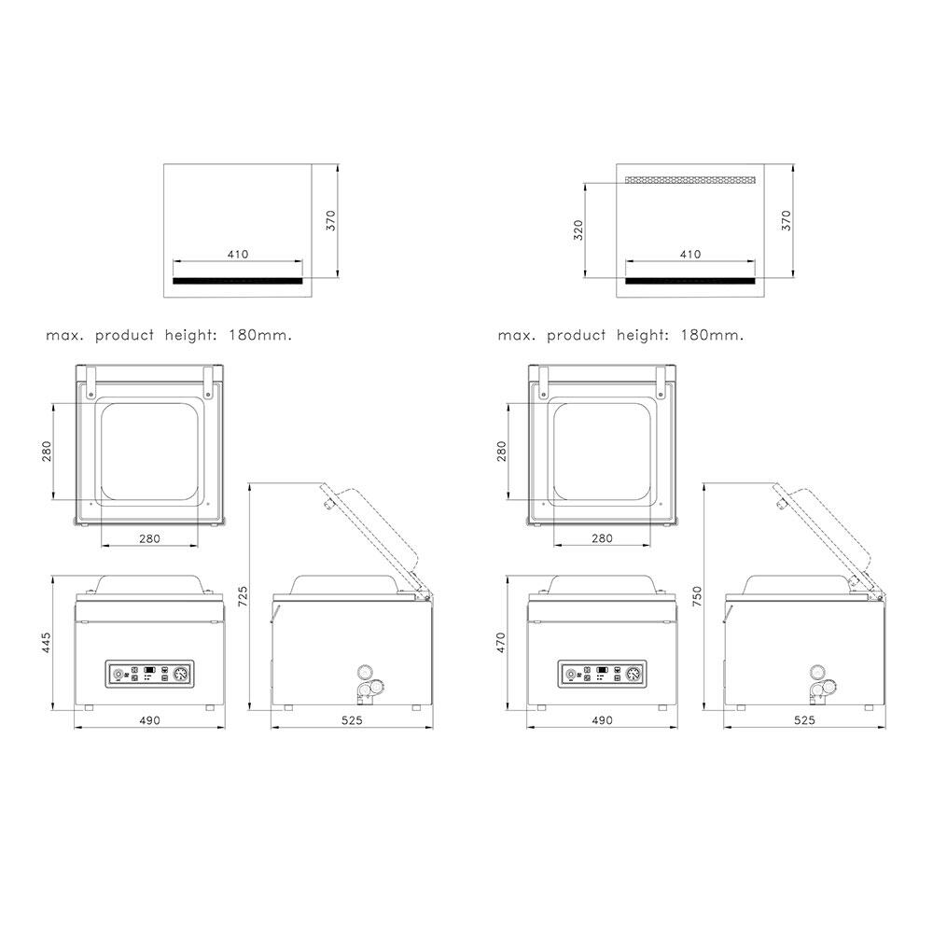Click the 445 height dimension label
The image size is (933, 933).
pyautogui.click(x=47, y=643)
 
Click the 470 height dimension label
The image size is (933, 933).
pyautogui.click(x=500, y=643)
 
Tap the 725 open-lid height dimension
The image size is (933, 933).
pyautogui.click(x=243, y=596)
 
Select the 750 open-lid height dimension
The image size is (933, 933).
pyautogui.click(x=697, y=596)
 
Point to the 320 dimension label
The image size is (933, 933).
pyautogui.click(x=578, y=230)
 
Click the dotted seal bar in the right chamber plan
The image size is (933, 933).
pyautogui.click(x=690, y=180)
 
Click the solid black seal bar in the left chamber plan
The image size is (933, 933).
pyautogui.click(x=237, y=281)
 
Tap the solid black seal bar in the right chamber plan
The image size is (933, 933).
pyautogui.click(x=690, y=281)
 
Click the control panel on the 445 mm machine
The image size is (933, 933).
pyautogui.click(x=150, y=675)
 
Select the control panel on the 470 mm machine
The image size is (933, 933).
pyautogui.click(x=602, y=675)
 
